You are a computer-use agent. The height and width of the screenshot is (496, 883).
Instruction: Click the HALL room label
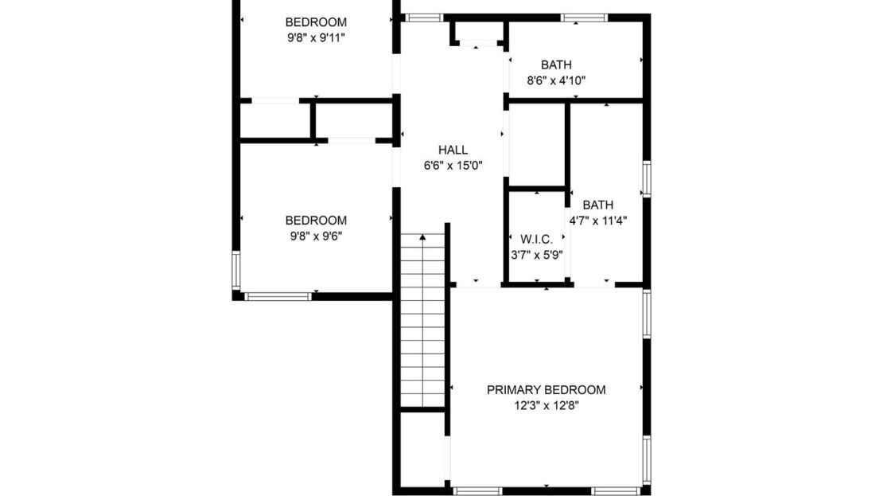453,150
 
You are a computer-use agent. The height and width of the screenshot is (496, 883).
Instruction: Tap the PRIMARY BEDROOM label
546,390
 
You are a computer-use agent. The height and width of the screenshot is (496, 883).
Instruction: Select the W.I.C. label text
536,240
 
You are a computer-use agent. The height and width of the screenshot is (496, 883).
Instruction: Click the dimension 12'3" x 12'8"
546,405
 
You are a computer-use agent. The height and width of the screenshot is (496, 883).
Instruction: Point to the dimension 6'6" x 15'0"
453,166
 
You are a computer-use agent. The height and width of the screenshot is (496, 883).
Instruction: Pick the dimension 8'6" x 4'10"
556,80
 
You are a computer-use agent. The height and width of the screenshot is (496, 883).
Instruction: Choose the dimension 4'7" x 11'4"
598,221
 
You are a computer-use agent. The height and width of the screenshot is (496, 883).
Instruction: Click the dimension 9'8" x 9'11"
316,37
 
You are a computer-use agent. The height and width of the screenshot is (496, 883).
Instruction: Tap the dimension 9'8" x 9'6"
316,236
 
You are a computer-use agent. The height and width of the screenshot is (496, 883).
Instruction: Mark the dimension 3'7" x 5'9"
536,256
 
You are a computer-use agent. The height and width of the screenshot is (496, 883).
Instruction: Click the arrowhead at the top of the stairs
422,236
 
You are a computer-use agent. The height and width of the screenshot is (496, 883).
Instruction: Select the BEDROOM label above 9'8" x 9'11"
316,22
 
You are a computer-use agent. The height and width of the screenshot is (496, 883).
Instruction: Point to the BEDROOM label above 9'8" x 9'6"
316,221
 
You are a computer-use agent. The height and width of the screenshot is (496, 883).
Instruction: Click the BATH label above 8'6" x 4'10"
556,65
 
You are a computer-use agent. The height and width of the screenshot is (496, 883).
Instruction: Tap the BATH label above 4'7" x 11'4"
598,205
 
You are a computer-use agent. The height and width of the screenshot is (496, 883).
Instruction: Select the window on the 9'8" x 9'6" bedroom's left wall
235,271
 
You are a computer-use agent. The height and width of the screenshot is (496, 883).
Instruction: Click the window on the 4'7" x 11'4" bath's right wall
647,178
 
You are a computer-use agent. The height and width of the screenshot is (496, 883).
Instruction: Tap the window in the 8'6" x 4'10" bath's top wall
583,18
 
